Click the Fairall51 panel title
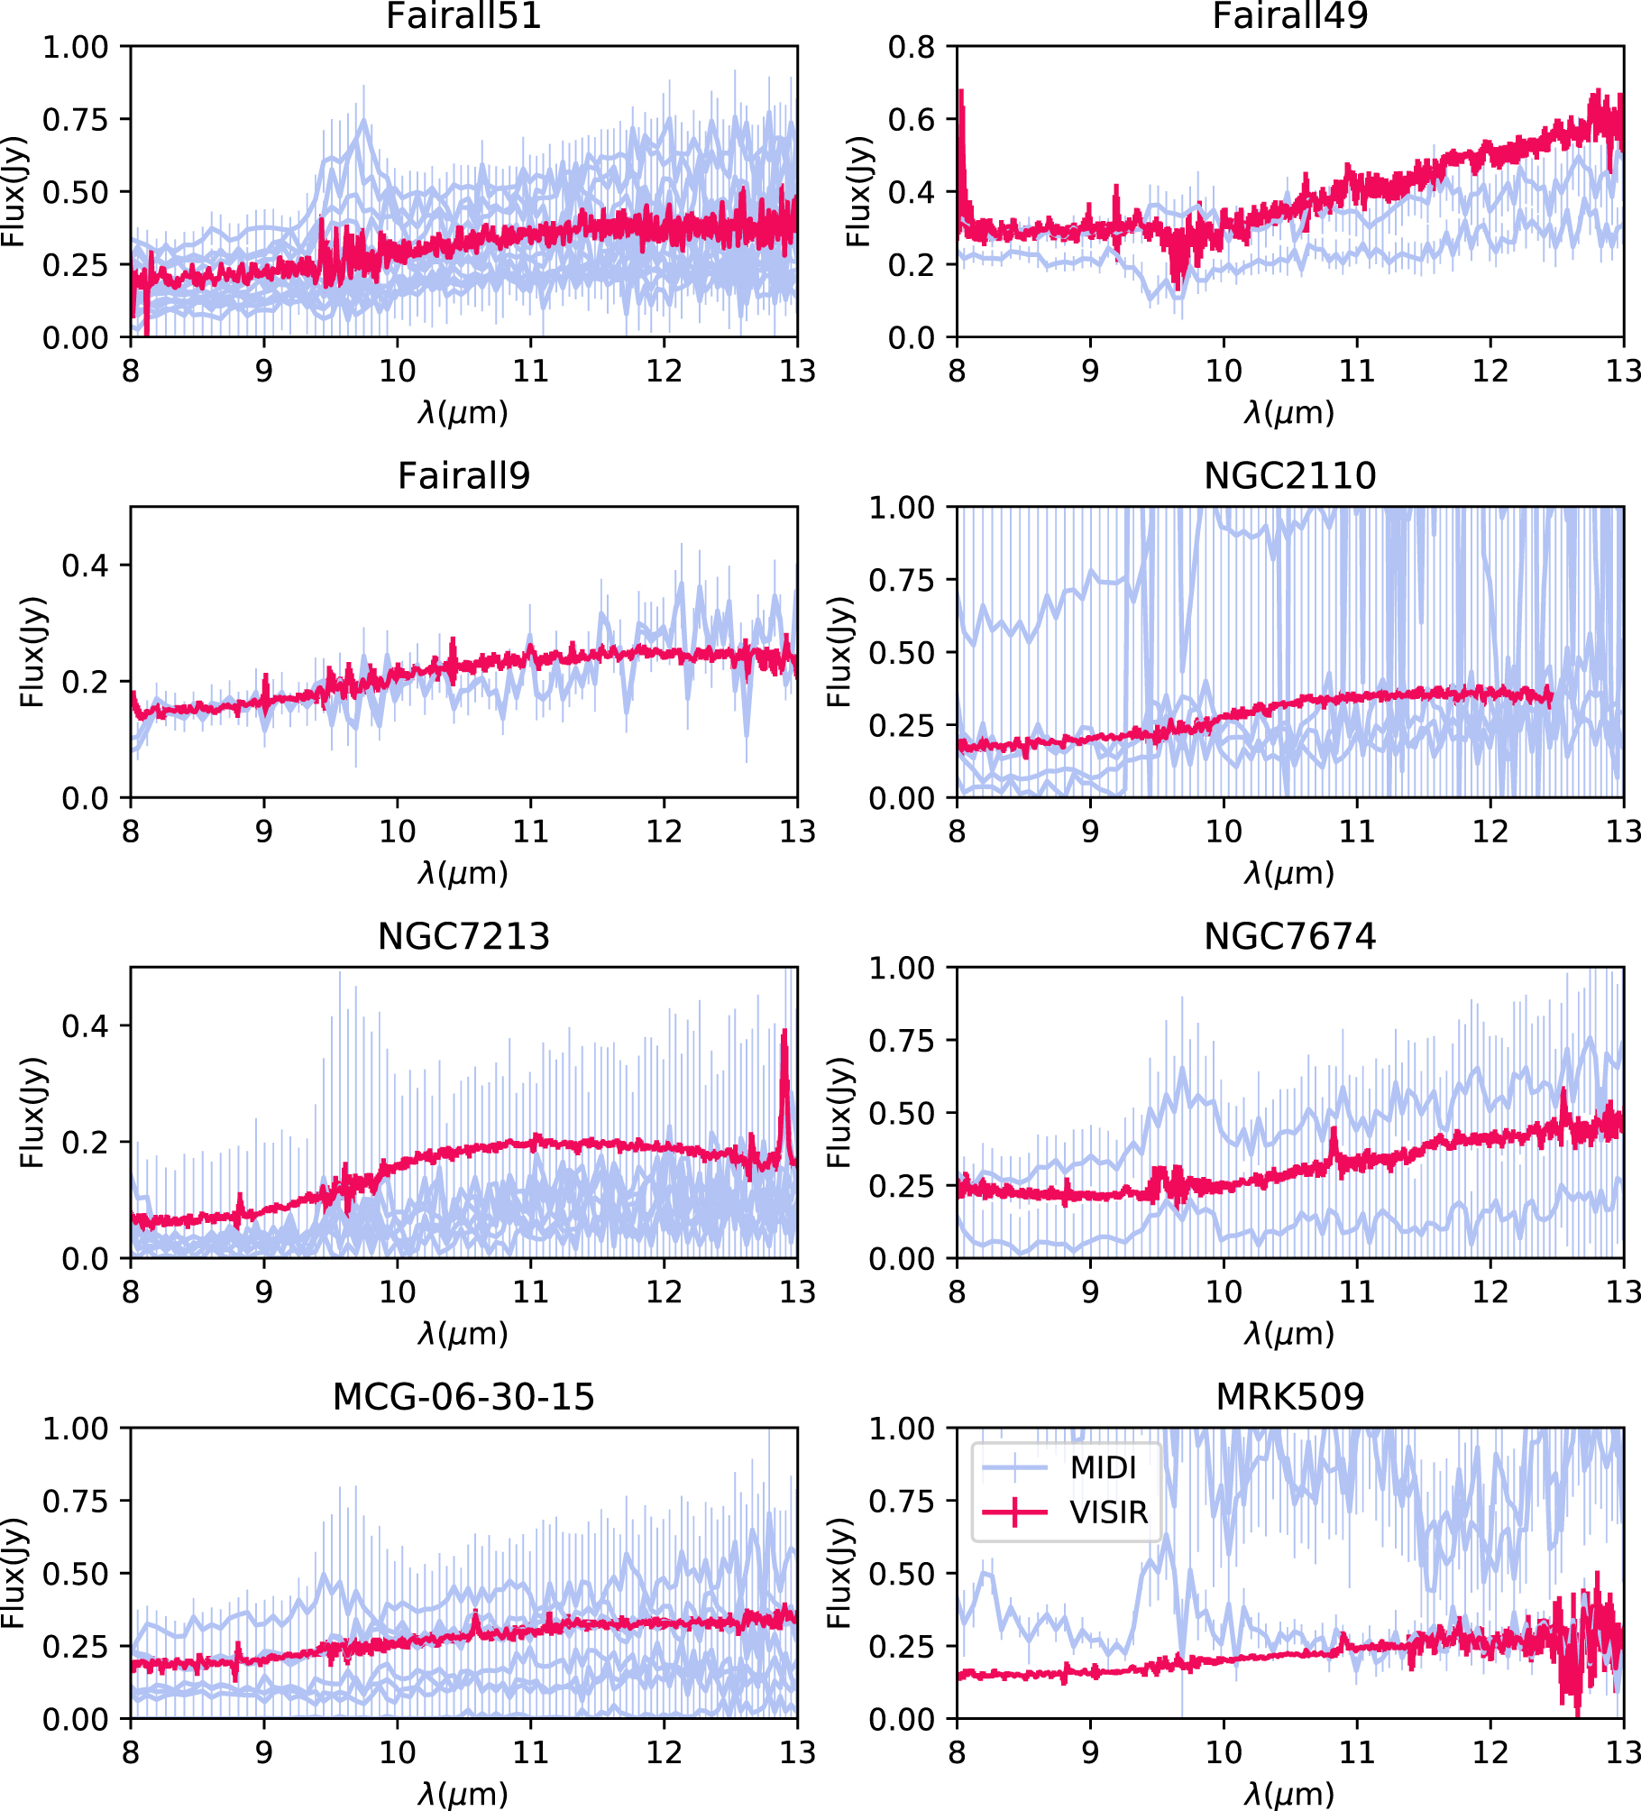pos(463,16)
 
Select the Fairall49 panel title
pos(1289,16)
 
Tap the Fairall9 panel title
pos(463,476)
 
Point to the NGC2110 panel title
pos(1289,476)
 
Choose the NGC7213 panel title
pos(463,937)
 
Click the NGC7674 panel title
pos(1289,937)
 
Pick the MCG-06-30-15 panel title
pos(463,1397)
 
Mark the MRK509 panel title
pos(1289,1397)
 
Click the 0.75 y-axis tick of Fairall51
pos(75,119)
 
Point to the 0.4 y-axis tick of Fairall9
pos(85,565)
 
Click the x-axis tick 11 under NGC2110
pos(1357,832)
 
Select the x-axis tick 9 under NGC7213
pos(263,1292)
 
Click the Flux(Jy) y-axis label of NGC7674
pos(839,1112)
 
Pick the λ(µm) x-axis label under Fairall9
pos(463,873)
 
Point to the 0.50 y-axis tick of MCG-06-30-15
pos(75,1574)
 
